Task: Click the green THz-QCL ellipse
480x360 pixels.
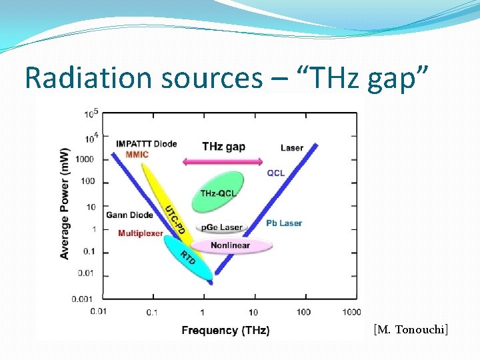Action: point(218,189)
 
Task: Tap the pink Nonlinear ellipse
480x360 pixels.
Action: point(231,245)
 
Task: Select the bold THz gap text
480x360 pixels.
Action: point(223,147)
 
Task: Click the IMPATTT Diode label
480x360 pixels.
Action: point(146,144)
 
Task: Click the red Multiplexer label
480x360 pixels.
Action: point(141,233)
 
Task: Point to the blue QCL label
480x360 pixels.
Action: point(276,173)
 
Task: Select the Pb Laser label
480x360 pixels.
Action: point(283,223)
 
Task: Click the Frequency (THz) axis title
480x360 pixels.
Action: point(225,331)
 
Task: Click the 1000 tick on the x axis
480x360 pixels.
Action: point(351,312)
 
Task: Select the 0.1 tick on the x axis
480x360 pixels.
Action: point(152,312)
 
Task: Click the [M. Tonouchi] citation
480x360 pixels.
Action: point(411,329)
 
